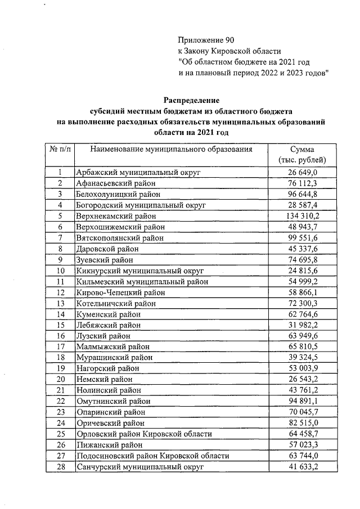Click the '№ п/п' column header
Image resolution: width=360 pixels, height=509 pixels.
pos(59,150)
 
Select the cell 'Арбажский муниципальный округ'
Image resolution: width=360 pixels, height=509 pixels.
pos(138,172)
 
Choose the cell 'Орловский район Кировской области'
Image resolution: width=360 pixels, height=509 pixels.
pos(144,434)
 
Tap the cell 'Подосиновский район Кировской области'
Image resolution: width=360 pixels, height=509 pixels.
pos(152,456)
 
